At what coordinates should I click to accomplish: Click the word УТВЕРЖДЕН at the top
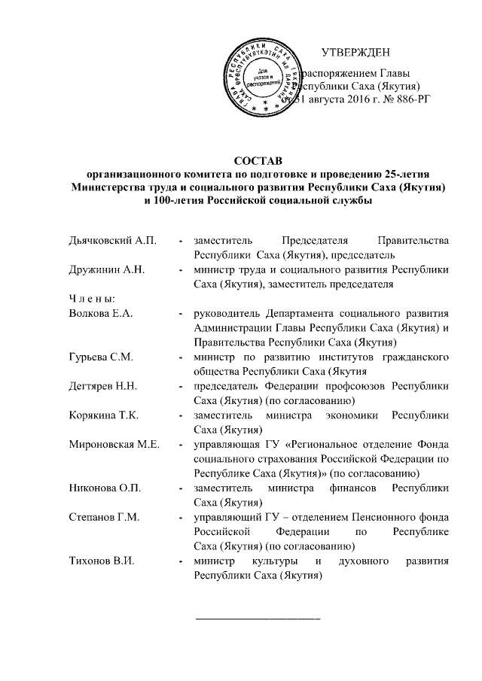coord(355,53)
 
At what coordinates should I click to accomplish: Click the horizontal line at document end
coord(258,618)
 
